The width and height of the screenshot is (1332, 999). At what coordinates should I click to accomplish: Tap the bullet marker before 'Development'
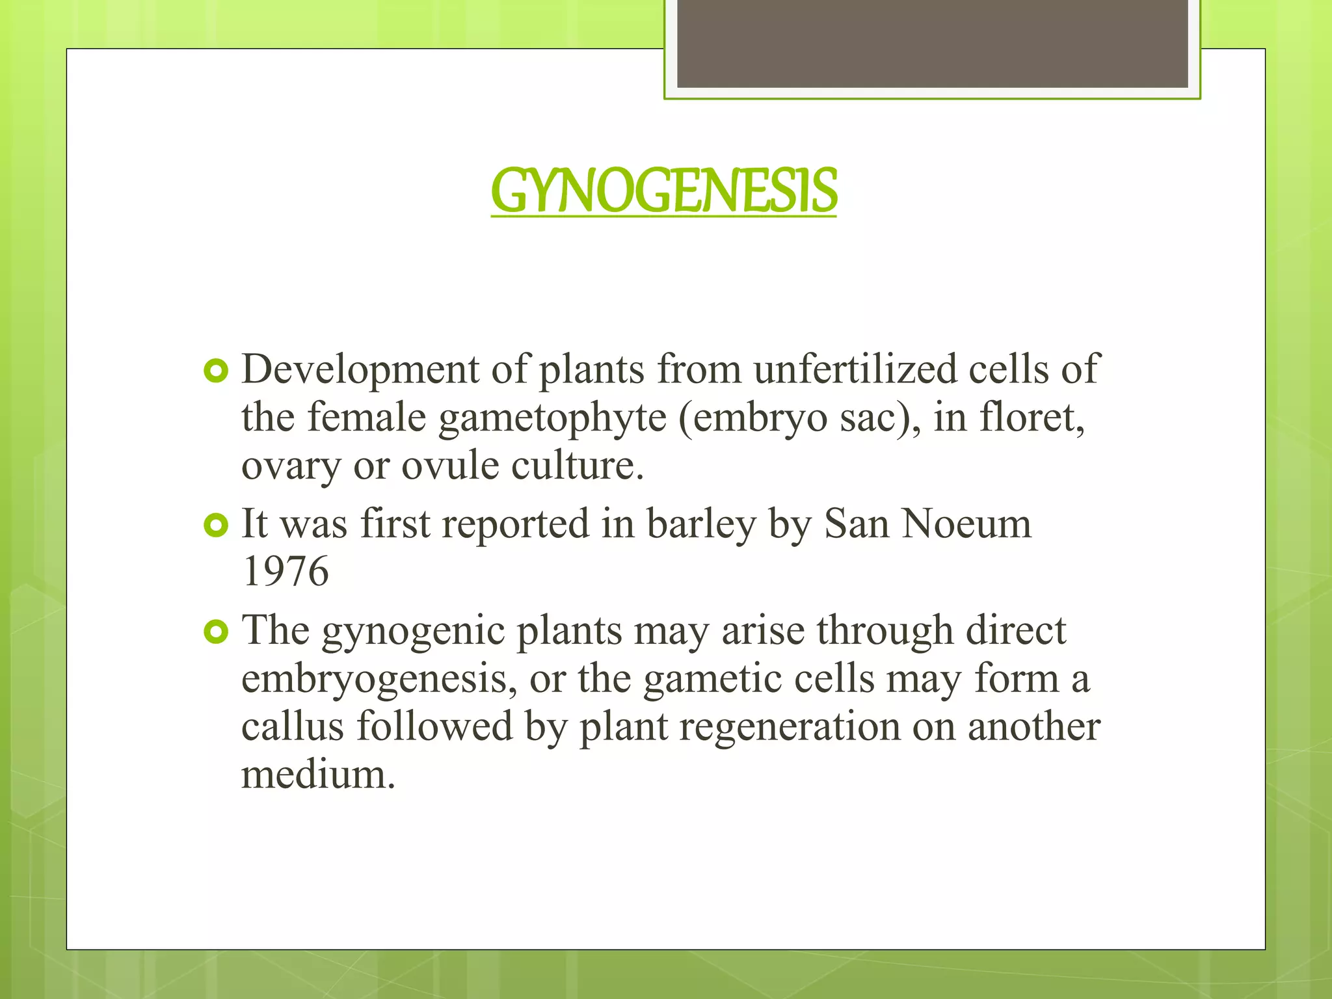pos(216,371)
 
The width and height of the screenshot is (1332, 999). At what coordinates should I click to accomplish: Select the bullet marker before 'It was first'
pos(216,526)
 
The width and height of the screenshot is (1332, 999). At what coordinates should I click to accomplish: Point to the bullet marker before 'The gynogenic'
pos(216,632)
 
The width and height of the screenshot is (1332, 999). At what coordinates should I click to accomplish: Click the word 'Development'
pos(360,369)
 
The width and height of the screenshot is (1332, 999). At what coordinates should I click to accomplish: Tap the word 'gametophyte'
pos(552,418)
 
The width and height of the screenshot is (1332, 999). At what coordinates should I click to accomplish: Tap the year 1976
pos(286,571)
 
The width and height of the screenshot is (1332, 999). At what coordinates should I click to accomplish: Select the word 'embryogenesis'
pos(379,680)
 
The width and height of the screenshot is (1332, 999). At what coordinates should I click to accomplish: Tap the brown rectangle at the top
pos(932,44)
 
